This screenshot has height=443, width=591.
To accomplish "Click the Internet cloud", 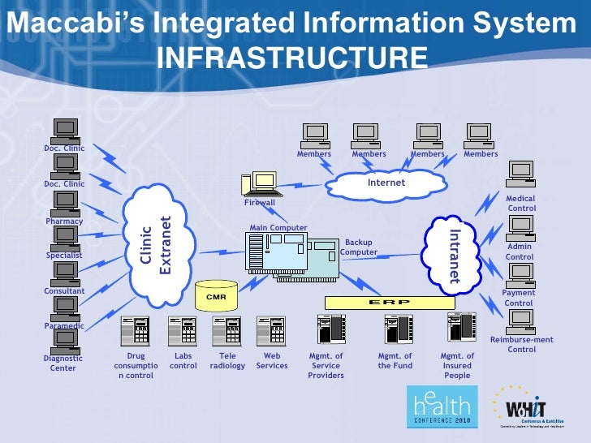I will (386, 184).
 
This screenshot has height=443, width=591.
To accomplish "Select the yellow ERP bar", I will (390, 302).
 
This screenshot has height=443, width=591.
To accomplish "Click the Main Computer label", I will (278, 228).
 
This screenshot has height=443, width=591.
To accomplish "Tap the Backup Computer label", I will (358, 247).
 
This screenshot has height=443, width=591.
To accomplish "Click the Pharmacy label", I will (64, 221).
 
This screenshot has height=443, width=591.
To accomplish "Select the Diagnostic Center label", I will (63, 363).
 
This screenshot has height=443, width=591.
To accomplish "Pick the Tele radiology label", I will (227, 361).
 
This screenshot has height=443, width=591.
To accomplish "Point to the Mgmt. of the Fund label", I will (395, 361).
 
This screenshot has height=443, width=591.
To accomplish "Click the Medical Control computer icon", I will (520, 174).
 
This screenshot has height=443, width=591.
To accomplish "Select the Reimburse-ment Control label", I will (522, 345).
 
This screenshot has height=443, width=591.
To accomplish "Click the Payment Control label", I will (519, 298).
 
